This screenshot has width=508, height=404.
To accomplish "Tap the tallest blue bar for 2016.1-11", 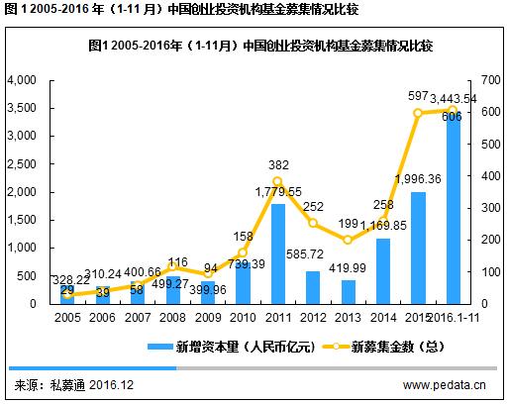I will (x=453, y=208).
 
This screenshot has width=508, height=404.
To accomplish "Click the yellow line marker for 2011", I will (x=278, y=181).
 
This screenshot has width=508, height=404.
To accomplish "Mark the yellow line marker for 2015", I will (x=418, y=113).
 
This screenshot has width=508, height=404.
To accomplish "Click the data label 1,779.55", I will (x=278, y=191).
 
